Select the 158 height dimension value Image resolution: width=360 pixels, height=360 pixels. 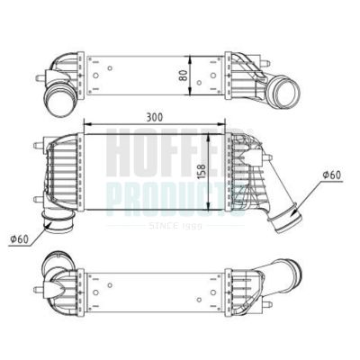tap(213, 170)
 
